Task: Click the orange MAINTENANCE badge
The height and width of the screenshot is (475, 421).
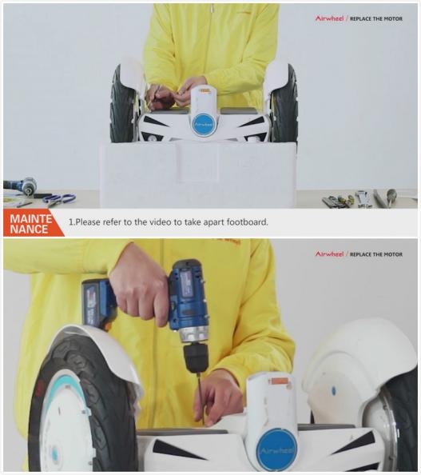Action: (31, 222)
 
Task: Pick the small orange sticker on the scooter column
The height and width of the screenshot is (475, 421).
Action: (278, 381)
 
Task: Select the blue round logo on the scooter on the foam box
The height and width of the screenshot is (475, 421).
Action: (204, 124)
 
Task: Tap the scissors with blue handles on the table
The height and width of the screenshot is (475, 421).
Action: (59, 198)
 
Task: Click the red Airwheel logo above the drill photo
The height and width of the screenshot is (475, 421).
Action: (329, 253)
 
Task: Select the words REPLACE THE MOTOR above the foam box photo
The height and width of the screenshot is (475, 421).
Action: (382, 18)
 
